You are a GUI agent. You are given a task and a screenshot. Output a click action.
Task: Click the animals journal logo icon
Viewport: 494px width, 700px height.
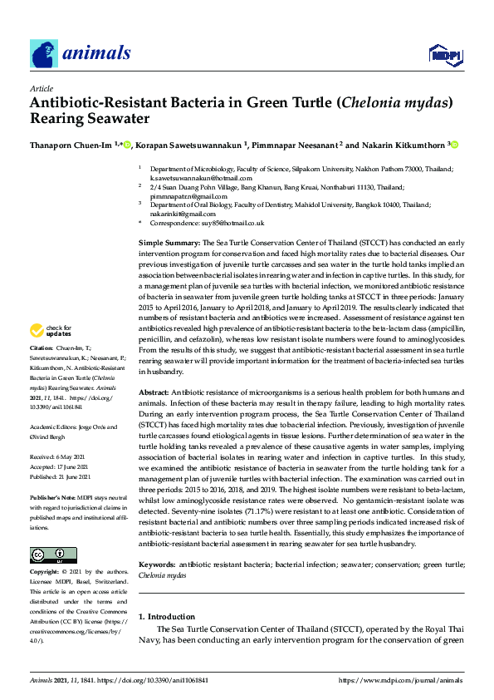pos(44,53)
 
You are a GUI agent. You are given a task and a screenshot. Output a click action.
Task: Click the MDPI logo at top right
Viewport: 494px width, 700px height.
pos(444,55)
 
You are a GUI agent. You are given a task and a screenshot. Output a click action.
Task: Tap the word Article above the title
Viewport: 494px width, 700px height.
pos(41,88)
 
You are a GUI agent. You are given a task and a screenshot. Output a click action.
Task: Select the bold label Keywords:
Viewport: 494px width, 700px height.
pos(159,565)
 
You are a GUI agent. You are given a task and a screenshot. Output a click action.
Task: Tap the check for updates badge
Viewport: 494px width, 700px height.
pos(51,354)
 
